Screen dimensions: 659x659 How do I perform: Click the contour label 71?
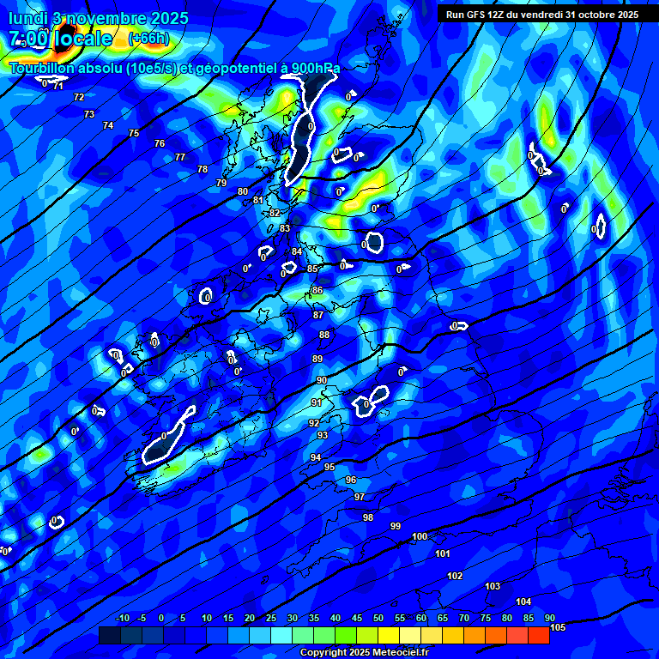coord(58,86)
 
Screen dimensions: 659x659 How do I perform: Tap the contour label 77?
coord(180,157)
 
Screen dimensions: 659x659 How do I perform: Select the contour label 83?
coord(285,228)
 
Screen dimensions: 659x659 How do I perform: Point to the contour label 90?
coord(322,380)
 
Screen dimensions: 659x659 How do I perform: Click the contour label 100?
coord(420,536)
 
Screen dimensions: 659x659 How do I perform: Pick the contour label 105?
coord(558,628)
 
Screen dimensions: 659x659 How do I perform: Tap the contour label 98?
coord(368,517)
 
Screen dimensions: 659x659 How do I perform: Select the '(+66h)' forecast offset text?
coord(148,39)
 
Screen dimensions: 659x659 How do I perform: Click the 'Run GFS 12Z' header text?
coord(475,15)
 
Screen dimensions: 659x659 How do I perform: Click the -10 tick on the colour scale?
coord(122,618)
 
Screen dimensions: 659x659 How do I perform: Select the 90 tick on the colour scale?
coord(549,618)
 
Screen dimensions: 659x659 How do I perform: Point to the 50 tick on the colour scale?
coord(378,618)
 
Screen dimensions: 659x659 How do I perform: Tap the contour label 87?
coord(318,315)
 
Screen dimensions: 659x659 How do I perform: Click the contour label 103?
coord(493,587)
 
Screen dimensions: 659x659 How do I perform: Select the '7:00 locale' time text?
coord(60,39)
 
